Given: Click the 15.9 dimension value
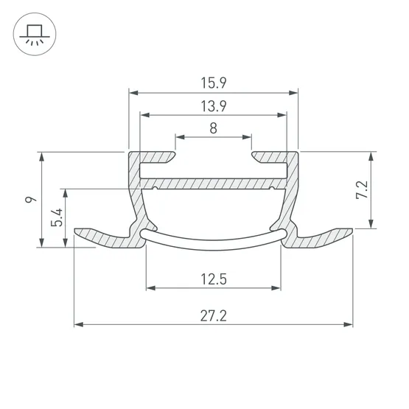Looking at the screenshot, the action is (214, 83).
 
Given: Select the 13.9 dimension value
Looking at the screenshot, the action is (214, 106).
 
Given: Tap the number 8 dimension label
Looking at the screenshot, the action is (214, 128).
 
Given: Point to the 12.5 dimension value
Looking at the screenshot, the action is (214, 279).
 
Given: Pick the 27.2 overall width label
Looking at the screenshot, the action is (214, 315).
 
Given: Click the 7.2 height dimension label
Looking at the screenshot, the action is (362, 189).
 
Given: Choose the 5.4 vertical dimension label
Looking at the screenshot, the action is (57, 217).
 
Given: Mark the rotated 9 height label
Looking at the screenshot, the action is (31, 200).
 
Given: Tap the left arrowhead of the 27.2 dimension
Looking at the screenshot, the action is (79, 324).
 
